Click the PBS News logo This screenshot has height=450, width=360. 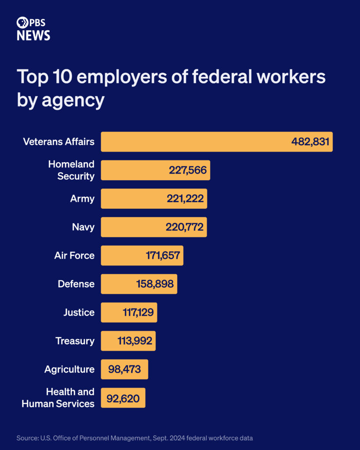point(33,29)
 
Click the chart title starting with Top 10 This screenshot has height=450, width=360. point(171,88)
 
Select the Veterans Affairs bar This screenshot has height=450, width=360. point(216,142)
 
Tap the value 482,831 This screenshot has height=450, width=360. point(310,142)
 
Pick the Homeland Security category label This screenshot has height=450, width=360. point(71,170)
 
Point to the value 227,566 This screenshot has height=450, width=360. point(188,171)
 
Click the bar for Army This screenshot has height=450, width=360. point(154,199)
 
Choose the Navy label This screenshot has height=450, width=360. point(83,227)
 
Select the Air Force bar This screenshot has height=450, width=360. point(142,256)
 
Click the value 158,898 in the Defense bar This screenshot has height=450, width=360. point(155,284)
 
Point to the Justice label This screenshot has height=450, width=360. point(79,312)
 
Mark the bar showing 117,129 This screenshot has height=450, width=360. point(129,312)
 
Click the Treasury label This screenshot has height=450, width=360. point(75,341)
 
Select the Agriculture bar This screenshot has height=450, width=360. point(124,370)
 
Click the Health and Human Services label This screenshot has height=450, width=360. point(58,398)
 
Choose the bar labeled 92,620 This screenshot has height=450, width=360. point(123,398)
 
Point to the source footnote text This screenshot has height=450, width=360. point(135,438)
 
